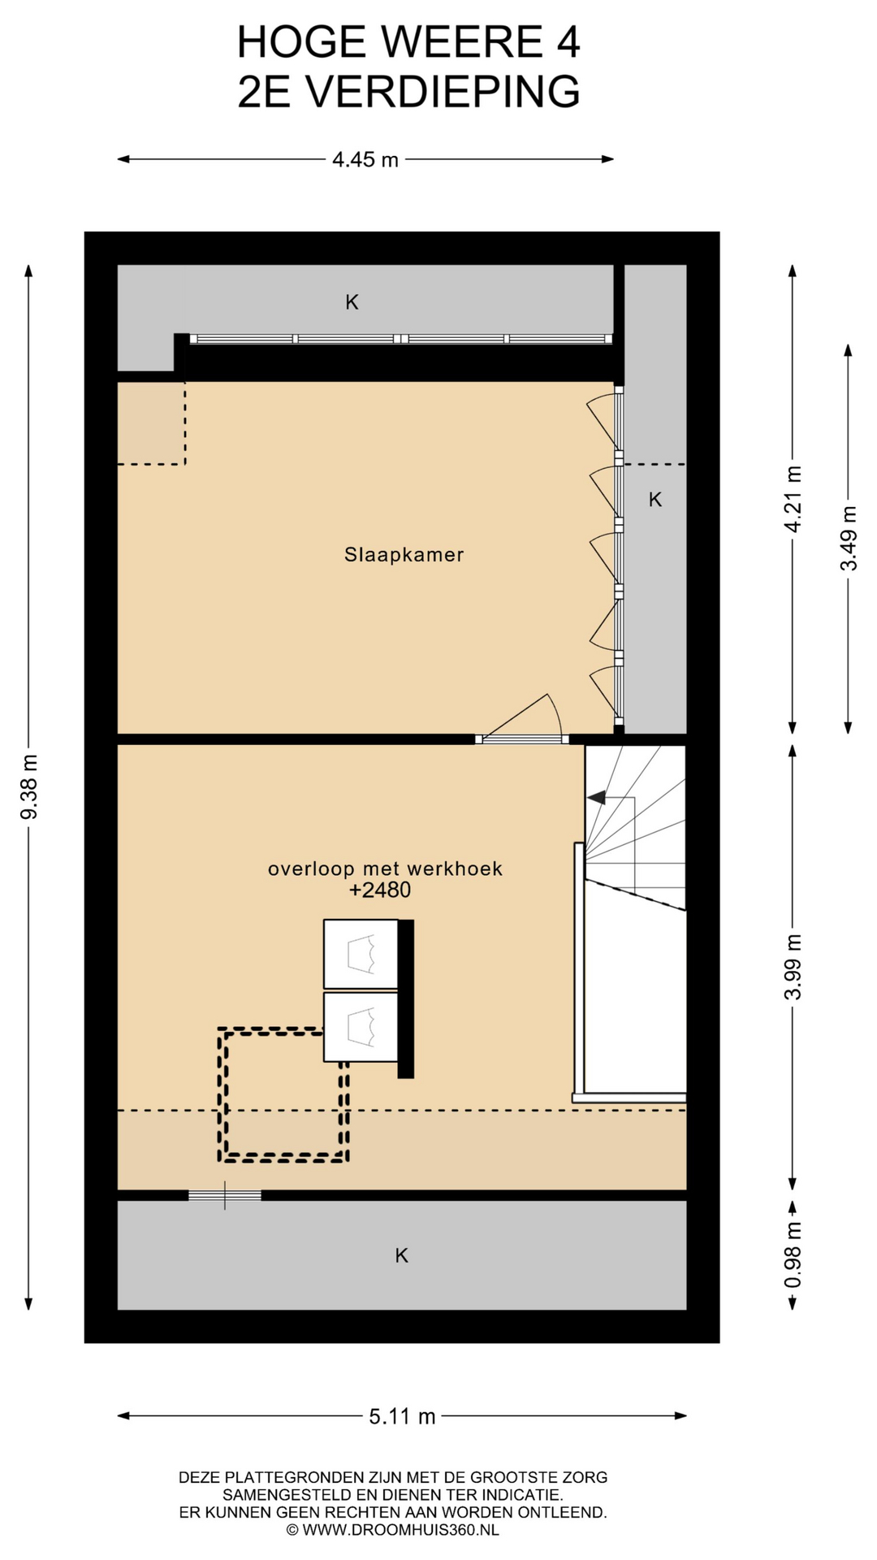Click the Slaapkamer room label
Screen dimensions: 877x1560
pyautogui.click(x=404, y=555)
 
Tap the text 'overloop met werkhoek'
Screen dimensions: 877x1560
pyautogui.click(x=385, y=869)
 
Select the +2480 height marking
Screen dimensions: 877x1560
pyautogui.click(x=380, y=890)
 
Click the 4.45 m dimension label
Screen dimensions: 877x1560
pyautogui.click(x=365, y=160)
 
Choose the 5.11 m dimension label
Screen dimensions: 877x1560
pyautogui.click(x=403, y=1417)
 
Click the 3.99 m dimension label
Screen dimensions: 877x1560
pyautogui.click(x=793, y=967)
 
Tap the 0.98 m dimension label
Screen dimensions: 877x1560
pyautogui.click(x=793, y=1254)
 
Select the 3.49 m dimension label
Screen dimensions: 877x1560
pyautogui.click(x=849, y=538)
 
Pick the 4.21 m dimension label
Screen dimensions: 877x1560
pyautogui.click(x=793, y=499)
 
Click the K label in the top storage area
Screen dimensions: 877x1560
pyautogui.click(x=352, y=302)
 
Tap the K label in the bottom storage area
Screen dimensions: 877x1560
pyautogui.click(x=401, y=1255)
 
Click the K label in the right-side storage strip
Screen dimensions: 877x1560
pyautogui.click(x=655, y=500)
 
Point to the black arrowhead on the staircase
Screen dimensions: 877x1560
pyautogui.click(x=597, y=797)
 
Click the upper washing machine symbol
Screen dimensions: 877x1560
pyautogui.click(x=361, y=954)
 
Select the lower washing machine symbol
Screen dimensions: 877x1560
pyautogui.click(x=361, y=1027)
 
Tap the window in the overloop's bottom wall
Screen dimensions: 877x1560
pyautogui.click(x=225, y=1194)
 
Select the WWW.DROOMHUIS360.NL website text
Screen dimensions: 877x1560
pyautogui.click(x=400, y=1530)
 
